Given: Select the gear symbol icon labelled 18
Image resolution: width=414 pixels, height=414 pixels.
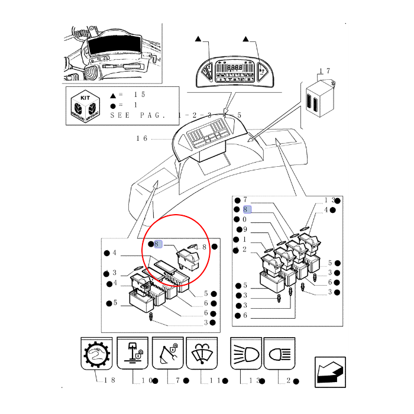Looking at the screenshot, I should [x=96, y=354].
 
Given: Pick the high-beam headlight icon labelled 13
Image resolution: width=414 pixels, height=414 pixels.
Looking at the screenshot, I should [x=245, y=354].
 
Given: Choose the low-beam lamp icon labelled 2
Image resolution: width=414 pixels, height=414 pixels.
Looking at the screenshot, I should [x=279, y=354].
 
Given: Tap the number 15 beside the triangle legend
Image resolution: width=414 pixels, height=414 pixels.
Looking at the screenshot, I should [x=139, y=95].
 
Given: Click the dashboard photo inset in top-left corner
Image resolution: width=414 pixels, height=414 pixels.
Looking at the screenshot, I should [x=112, y=53].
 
